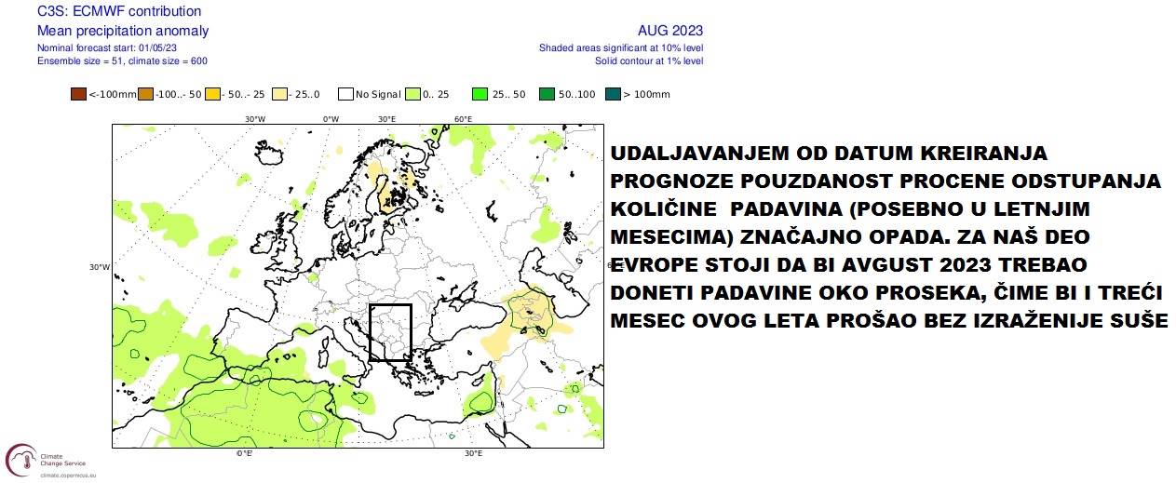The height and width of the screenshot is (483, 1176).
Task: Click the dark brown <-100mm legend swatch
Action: tap(78, 94)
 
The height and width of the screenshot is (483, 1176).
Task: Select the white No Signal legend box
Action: tap(345, 94)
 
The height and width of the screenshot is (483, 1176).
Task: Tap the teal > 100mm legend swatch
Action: tap(612, 94)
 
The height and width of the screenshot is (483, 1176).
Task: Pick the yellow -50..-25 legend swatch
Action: tap(212, 94)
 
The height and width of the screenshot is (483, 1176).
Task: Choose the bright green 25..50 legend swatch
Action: tap(480, 94)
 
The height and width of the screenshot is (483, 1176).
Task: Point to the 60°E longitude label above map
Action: tap(463, 119)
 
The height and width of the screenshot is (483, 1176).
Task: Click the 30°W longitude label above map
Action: tap(254, 119)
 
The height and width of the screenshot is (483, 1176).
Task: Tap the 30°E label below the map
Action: tap(473, 453)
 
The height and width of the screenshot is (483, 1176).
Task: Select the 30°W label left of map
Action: tap(100, 267)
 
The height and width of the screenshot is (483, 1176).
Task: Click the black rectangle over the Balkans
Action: tap(390, 332)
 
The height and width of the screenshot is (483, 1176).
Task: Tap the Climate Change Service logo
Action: tap(38, 460)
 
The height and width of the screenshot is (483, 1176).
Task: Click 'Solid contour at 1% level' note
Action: tap(649, 60)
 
